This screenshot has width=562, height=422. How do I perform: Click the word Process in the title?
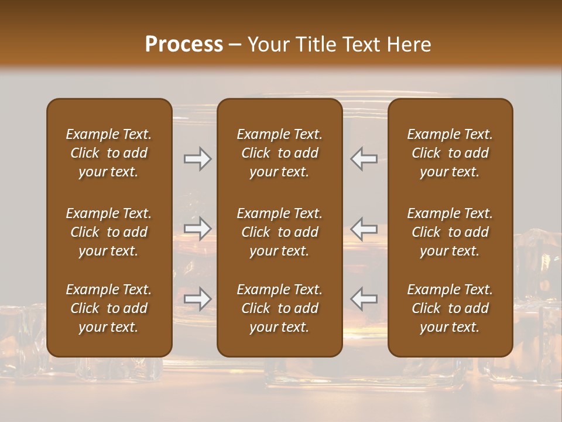tap(184, 45)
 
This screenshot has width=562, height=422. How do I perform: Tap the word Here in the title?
tap(409, 45)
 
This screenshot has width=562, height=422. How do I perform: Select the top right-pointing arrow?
tap(197, 159)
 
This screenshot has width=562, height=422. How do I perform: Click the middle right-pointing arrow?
tap(197, 229)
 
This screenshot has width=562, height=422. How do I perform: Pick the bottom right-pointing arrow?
tap(197, 299)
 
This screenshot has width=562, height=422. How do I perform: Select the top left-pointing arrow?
tap(364, 159)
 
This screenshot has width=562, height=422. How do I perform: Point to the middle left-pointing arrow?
tap(364, 229)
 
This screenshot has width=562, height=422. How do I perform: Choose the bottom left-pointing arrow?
tap(364, 299)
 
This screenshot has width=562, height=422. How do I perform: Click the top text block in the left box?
tap(109, 153)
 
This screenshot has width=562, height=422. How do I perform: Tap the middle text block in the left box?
tap(109, 232)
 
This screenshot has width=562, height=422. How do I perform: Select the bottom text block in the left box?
tap(109, 308)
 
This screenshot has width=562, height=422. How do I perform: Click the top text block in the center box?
tap(279, 153)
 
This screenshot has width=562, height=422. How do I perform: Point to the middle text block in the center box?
tap(279, 232)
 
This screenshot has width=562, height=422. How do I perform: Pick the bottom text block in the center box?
tap(279, 308)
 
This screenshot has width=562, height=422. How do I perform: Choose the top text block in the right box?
tap(450, 153)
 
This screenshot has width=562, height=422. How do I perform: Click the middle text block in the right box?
tap(450, 232)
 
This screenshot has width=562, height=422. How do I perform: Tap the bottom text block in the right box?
tap(450, 308)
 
